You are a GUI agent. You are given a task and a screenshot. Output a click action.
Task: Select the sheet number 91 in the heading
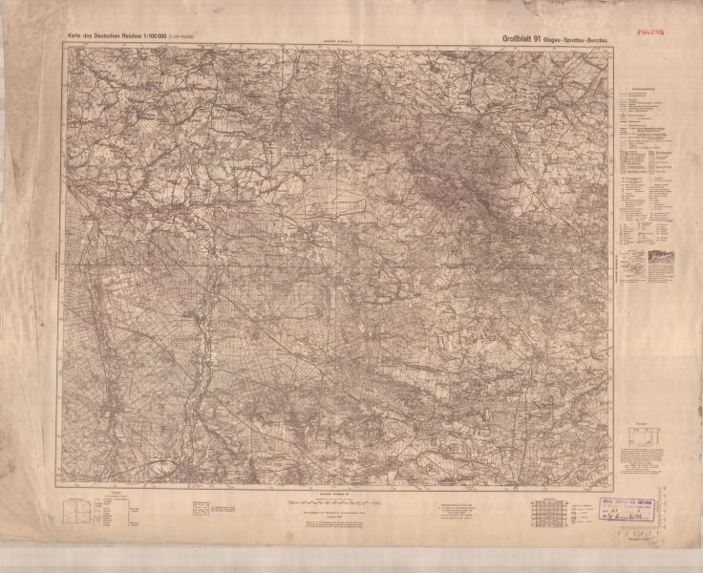[x=538, y=38]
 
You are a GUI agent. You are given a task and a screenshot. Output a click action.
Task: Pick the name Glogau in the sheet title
[x=557, y=39]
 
